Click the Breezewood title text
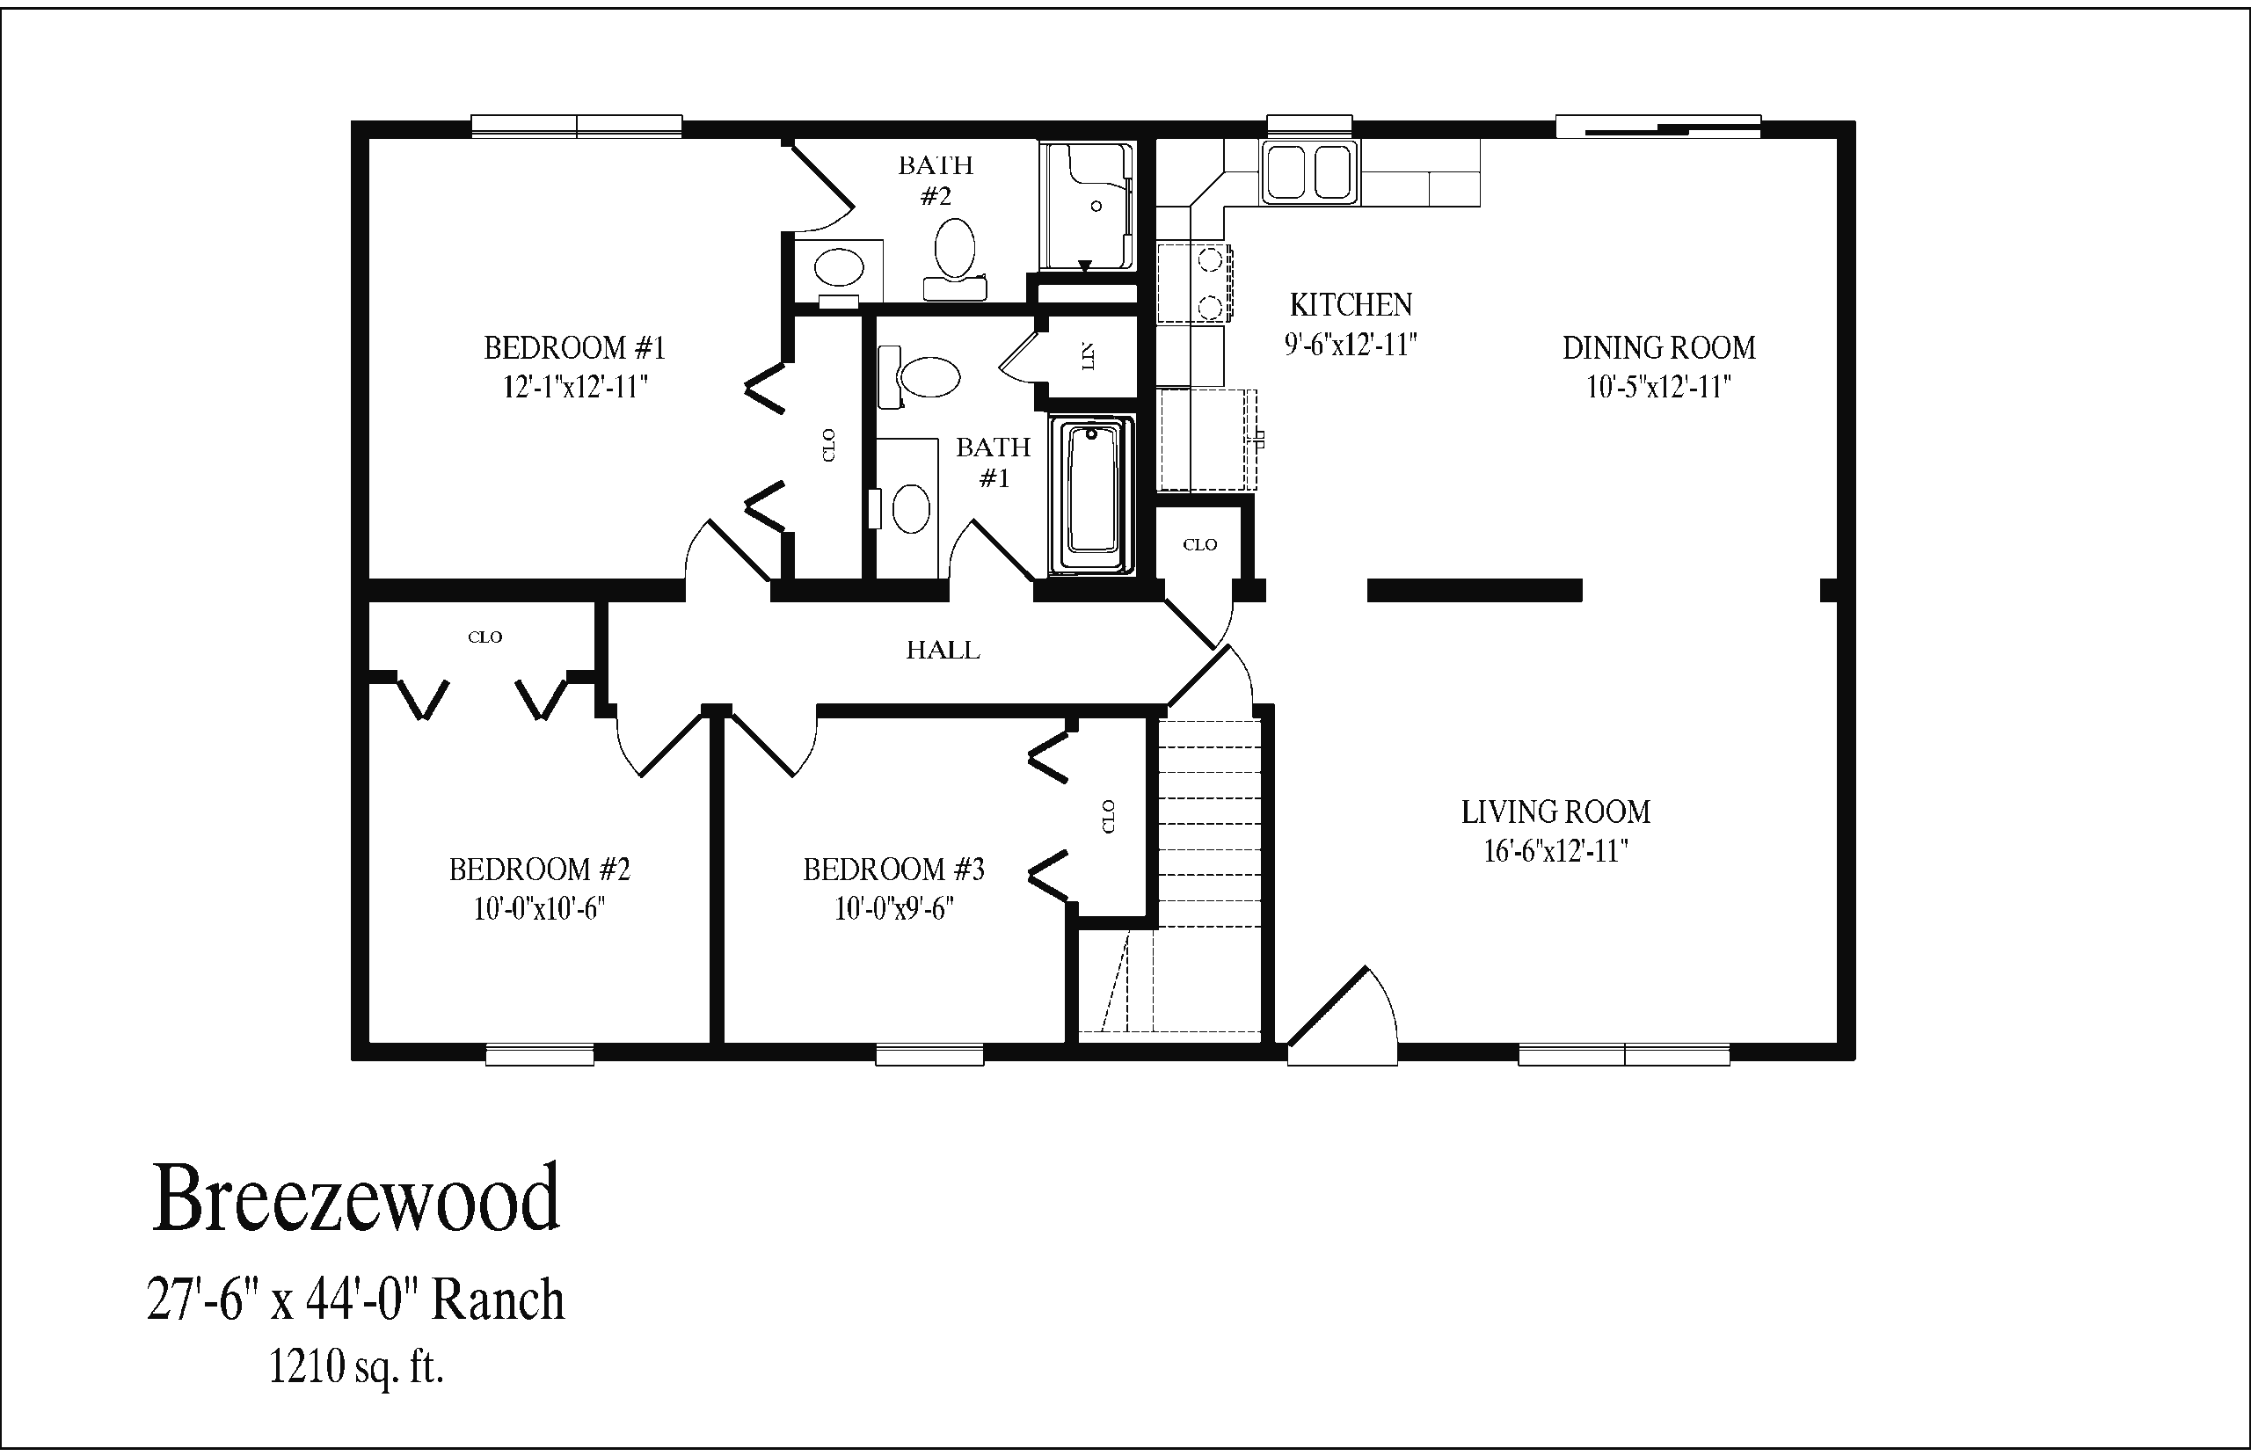[x=355, y=1199]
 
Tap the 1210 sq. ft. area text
[x=355, y=1366]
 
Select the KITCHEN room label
[x=1350, y=304]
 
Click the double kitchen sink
[x=1309, y=172]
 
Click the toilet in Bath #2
[x=955, y=251]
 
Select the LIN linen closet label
[x=1089, y=357]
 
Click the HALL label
[x=943, y=651]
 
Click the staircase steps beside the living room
[x=1210, y=823]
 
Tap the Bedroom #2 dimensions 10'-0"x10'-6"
[x=539, y=908]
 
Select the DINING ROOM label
[x=1658, y=348]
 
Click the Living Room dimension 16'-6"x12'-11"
[x=1555, y=852]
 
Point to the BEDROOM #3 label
[x=893, y=869]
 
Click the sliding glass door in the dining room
[x=1658, y=127]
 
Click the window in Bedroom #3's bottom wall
[x=929, y=1053]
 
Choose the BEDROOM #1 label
[x=575, y=348]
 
